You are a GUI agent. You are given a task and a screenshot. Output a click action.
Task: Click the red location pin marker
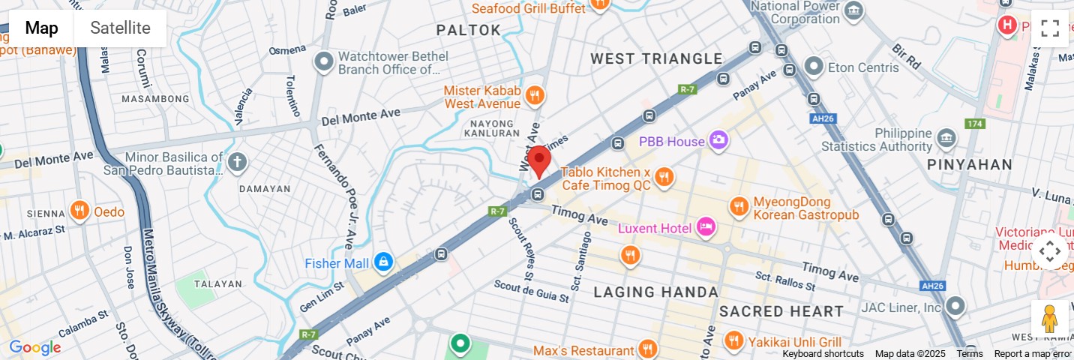[538, 160]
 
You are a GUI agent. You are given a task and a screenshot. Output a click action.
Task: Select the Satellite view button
[120, 28]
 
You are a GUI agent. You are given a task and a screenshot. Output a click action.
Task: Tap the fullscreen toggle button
[1049, 28]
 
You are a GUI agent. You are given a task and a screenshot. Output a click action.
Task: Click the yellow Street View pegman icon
[1049, 319]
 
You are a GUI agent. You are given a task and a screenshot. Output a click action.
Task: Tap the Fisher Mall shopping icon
[383, 262]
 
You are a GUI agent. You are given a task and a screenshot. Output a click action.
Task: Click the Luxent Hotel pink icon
[706, 226]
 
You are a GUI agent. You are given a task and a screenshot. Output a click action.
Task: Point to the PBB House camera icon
[718, 140]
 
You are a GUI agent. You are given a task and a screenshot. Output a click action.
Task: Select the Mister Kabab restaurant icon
[534, 95]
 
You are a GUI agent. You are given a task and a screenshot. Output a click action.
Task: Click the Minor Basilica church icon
[237, 161]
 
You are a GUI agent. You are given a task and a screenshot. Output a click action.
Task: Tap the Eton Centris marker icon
[814, 67]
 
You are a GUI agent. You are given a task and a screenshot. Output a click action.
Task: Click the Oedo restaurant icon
[79, 211]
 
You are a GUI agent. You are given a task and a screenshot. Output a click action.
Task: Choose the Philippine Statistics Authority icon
[946, 138]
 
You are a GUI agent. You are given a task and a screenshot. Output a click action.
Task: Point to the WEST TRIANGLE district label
[656, 58]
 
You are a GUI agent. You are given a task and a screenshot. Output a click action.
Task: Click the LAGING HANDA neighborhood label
[656, 292]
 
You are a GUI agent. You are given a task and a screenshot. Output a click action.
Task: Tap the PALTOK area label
[469, 30]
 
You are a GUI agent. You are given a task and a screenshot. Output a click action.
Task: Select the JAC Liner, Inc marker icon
[955, 306]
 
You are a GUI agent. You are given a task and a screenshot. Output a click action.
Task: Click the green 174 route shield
[974, 123]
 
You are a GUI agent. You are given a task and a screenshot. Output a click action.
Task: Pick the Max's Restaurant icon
[646, 349]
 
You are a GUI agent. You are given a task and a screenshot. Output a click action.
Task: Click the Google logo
[34, 348]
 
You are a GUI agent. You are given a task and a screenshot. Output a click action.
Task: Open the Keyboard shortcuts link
[823, 354]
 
